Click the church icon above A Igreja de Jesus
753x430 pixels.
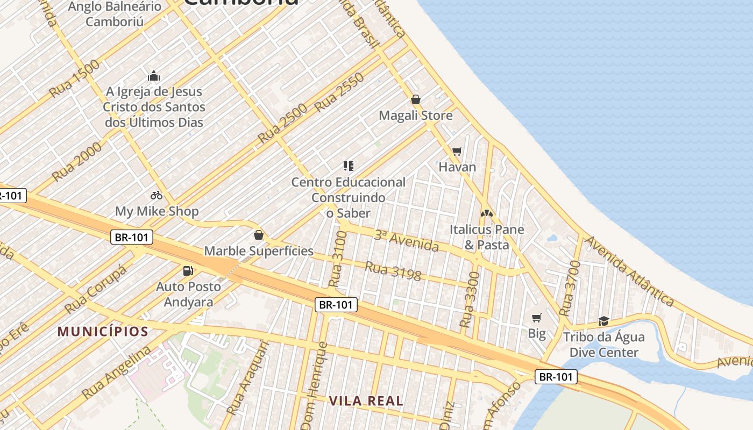click(154, 76)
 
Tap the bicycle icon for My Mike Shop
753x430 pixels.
click(157, 195)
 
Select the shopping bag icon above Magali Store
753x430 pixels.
click(415, 99)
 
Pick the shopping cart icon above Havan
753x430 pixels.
click(457, 151)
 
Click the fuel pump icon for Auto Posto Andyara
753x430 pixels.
click(188, 270)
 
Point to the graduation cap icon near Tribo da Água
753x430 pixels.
click(603, 321)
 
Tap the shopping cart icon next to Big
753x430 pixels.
click(536, 318)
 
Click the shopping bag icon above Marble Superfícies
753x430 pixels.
click(258, 235)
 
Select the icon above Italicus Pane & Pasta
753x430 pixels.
click(487, 213)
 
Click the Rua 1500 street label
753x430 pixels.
click(74, 78)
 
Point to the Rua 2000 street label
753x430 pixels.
click(77, 161)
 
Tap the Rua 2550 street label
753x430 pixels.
click(339, 92)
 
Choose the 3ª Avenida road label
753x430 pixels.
click(407, 240)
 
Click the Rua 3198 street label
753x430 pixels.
click(393, 270)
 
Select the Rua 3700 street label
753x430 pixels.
click(570, 288)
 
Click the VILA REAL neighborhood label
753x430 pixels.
click(366, 400)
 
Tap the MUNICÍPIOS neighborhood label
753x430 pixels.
click(103, 331)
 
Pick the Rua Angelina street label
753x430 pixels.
click(117, 372)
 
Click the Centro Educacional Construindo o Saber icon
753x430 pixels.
click(349, 166)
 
